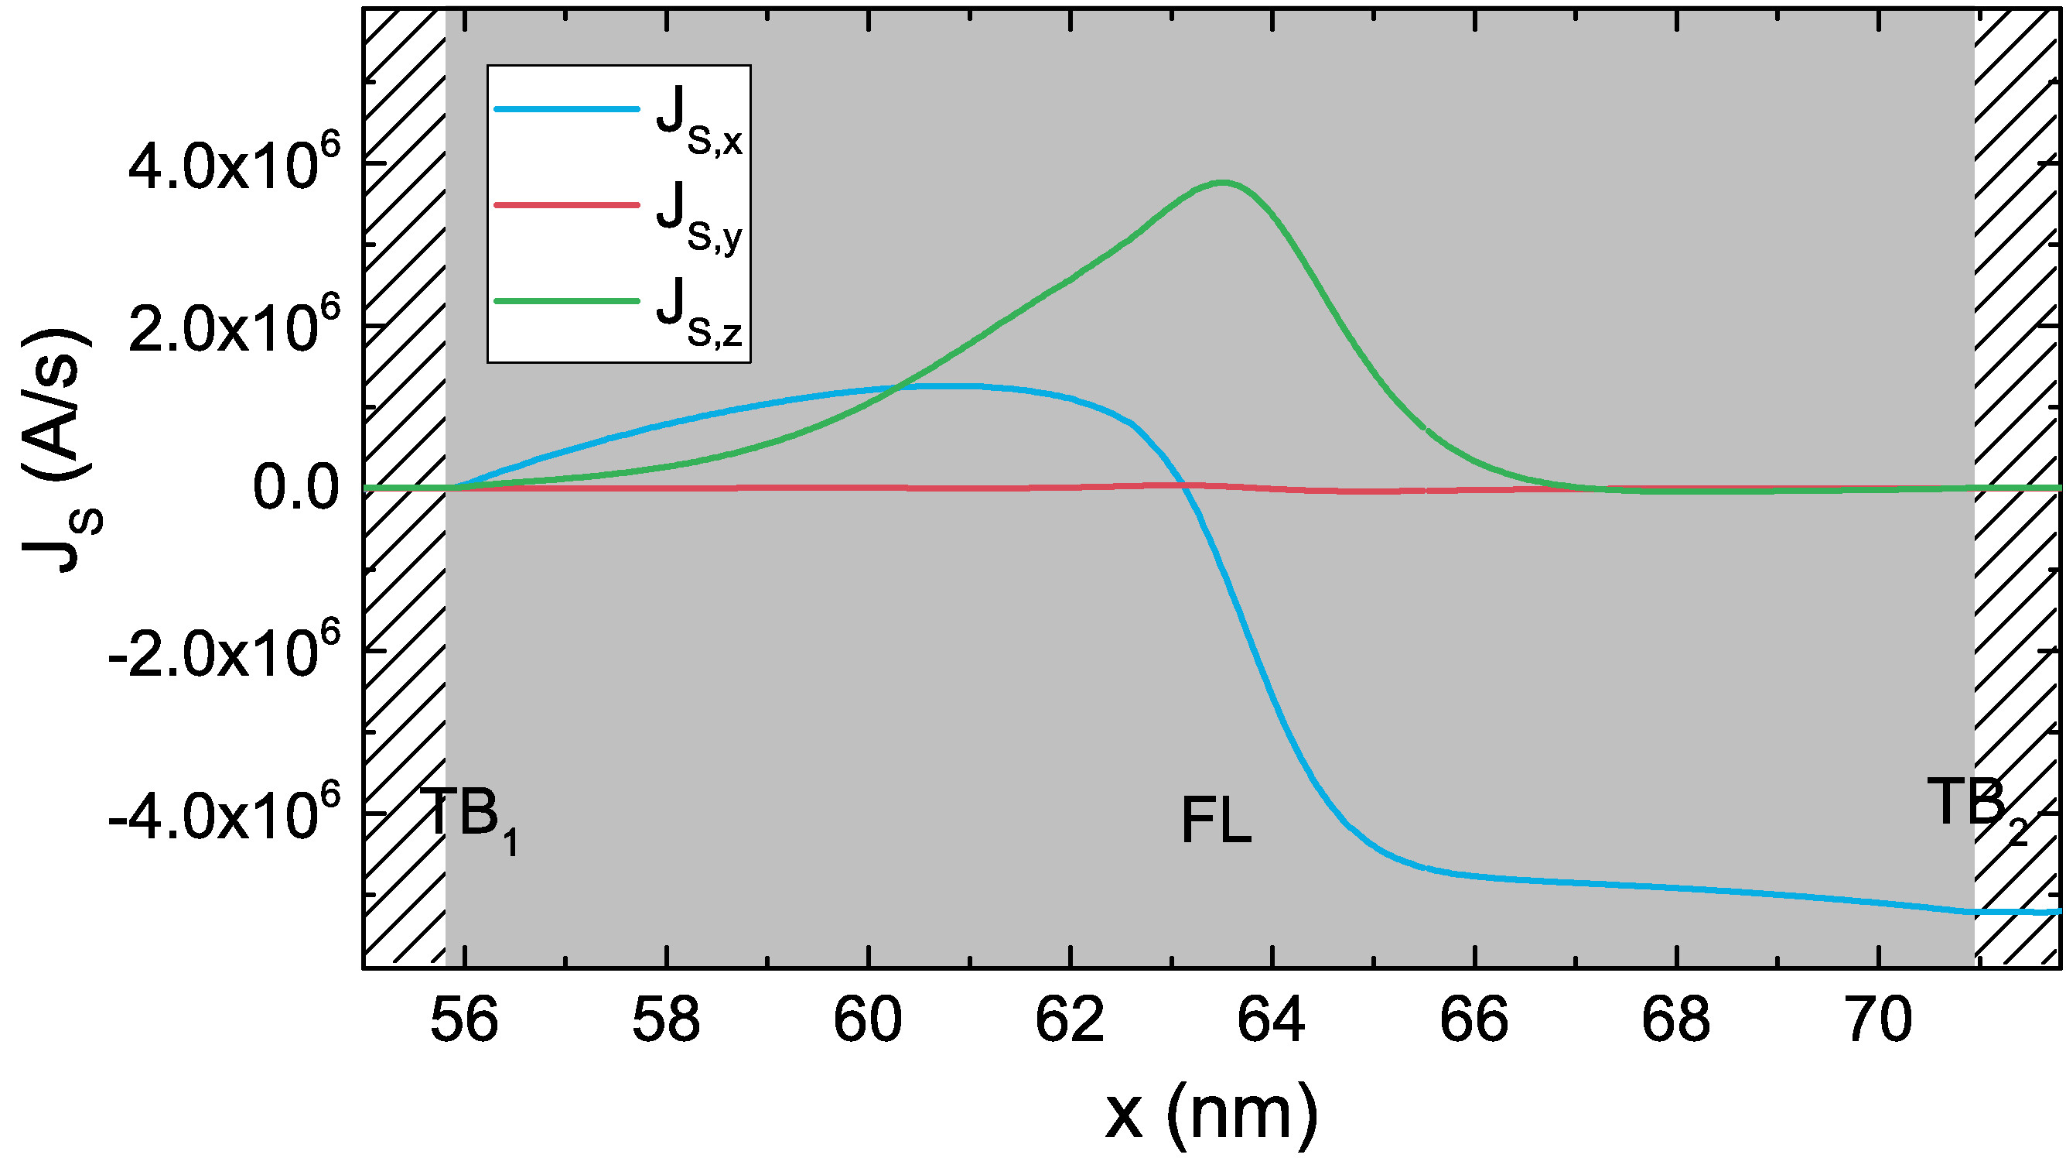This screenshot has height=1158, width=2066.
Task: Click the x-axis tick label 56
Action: tap(464, 1021)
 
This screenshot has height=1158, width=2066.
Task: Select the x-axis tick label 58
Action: tap(667, 1021)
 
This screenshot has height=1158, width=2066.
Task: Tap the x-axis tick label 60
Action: tap(869, 1021)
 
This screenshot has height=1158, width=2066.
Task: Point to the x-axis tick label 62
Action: tap(1070, 1021)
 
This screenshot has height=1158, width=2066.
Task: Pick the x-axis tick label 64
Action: tap(1272, 1021)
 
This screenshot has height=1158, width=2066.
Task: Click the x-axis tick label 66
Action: tap(1474, 1021)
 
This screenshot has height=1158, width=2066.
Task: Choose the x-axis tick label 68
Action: tap(1676, 1021)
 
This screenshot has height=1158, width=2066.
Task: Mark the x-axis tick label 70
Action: tap(1878, 1021)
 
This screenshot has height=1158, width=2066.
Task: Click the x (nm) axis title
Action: tap(1211, 1112)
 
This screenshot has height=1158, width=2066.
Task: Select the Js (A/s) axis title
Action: tap(60, 450)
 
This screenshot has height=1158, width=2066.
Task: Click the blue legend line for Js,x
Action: tap(566, 109)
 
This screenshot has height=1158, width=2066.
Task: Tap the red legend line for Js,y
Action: tap(566, 205)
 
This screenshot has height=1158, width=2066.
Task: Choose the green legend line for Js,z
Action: tap(566, 301)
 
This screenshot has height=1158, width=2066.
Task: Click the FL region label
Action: tap(1216, 822)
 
